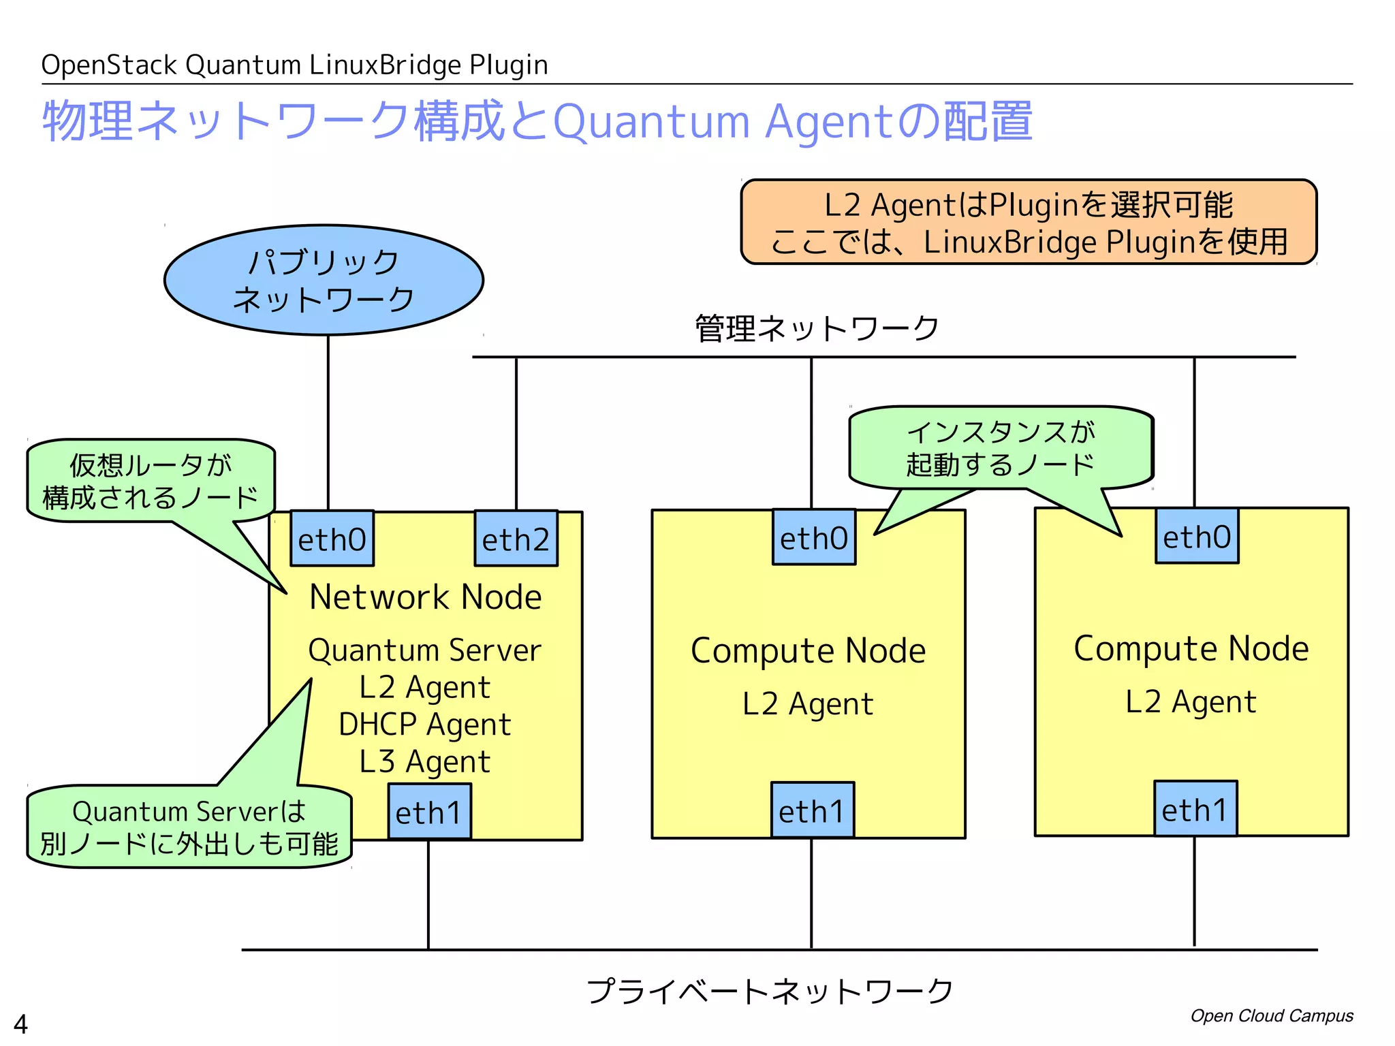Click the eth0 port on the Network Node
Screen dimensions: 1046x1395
coord(332,539)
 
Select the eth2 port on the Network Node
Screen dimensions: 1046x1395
coord(516,539)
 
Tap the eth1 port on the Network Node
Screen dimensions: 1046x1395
coord(429,812)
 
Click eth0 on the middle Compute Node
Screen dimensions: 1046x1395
coord(814,537)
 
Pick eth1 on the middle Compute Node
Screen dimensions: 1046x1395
coord(812,810)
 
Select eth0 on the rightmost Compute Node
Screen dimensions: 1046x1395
coord(1197,536)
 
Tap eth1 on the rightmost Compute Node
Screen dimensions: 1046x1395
coord(1195,809)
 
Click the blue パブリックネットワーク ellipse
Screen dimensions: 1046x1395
coord(324,280)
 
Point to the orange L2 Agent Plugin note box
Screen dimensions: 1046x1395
coord(1029,222)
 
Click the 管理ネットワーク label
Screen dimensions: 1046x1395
coord(817,329)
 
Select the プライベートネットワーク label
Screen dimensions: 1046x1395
coord(770,991)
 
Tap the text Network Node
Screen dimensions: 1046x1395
coord(426,597)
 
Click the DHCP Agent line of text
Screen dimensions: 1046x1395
coord(425,725)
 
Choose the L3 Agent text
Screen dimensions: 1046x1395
coord(425,761)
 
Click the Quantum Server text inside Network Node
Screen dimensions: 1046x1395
coord(425,650)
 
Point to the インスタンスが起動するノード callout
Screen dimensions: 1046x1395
coord(1001,448)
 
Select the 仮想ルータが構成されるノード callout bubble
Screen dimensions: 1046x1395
coord(151,481)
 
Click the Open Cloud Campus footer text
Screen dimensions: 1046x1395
coord(1272,1016)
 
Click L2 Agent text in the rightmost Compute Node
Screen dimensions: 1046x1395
coord(1191,701)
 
